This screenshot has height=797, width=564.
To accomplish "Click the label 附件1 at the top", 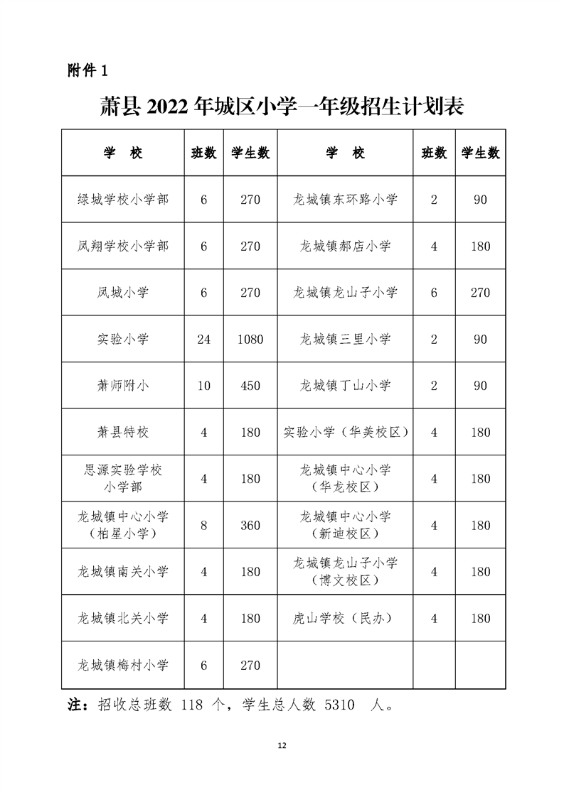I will pos(86,71).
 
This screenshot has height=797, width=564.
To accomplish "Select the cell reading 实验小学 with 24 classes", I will pos(123,340).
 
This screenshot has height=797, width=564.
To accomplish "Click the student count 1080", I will pos(250,340).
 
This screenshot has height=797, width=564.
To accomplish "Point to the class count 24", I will pos(203,340).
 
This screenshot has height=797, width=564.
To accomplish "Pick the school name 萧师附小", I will pos(123,386).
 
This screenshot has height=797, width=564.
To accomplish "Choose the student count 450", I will pos(250,386).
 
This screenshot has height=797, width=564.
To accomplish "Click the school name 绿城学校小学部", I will pos(123,200).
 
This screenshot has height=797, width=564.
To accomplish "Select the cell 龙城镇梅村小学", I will pos(123,666).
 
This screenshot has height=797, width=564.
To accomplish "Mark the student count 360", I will pos(250,526).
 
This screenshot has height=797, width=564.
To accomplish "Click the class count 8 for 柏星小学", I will pos(203,526).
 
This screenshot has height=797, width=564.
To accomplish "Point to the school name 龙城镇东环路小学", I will pos(345,200).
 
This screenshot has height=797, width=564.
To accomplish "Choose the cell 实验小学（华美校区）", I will pos(345,433).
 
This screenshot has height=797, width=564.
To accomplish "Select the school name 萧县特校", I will pos(123,433).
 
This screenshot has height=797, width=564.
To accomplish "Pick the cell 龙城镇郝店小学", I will pos(345,246).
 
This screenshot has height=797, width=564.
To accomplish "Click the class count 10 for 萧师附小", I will pos(203,386).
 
